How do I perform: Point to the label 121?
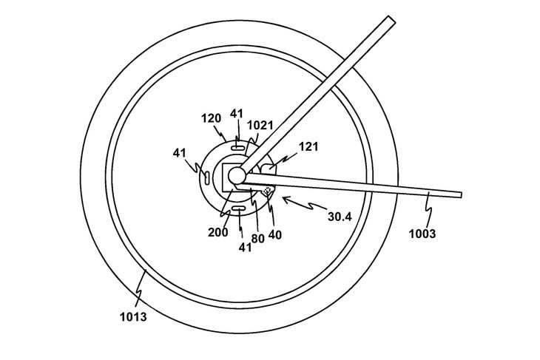[308, 147]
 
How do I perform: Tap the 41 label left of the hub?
[180, 152]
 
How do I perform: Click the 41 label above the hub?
[237, 114]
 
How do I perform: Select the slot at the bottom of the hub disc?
[239, 211]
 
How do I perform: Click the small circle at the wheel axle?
[237, 175]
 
